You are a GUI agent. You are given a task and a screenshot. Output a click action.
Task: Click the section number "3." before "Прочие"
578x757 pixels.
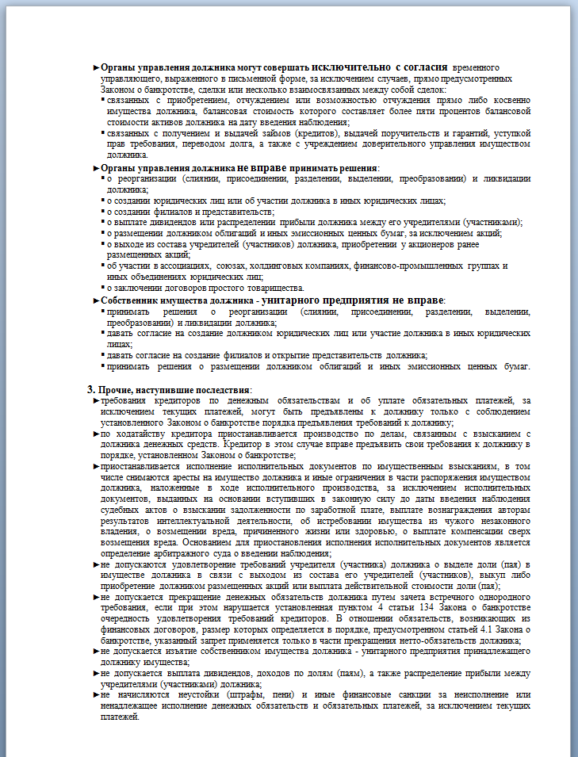pos(91,390)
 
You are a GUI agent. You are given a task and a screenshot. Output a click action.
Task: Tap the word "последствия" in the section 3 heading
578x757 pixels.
pos(221,390)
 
